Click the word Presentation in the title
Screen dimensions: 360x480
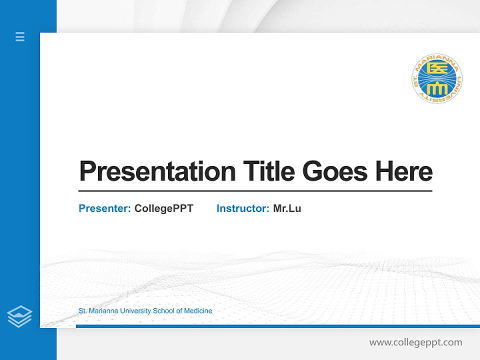click(x=157, y=171)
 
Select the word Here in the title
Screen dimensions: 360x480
click(x=404, y=171)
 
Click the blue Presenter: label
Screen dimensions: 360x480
click(x=104, y=208)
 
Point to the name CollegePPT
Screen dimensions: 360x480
click(x=163, y=208)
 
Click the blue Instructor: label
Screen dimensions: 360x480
click(x=242, y=208)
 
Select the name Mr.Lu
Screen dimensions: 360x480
click(x=287, y=208)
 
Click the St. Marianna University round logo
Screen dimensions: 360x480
click(x=437, y=79)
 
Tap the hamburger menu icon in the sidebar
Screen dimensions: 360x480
click(x=20, y=36)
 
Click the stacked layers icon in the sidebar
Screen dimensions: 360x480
click(x=19, y=316)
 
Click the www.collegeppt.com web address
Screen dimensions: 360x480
click(x=415, y=342)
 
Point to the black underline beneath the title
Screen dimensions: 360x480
click(x=255, y=191)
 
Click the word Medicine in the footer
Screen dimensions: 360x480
click(x=198, y=311)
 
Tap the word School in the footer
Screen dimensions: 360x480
click(x=163, y=311)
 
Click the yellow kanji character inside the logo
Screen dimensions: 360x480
click(x=437, y=70)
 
